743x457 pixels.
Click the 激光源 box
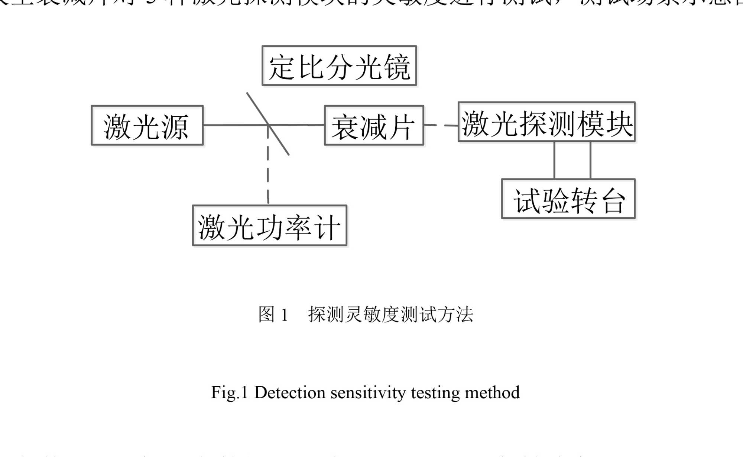click(x=147, y=126)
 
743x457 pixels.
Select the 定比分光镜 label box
click(x=339, y=66)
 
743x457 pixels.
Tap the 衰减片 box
click(x=374, y=126)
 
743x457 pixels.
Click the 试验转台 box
click(x=568, y=199)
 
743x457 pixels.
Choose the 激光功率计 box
click(x=270, y=226)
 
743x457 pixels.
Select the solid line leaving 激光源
click(x=230, y=125)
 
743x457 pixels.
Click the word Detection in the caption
click(x=289, y=393)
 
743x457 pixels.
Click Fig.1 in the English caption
click(x=229, y=393)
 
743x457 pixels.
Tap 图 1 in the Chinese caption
click(x=273, y=315)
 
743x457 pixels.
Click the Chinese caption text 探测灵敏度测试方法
click(x=391, y=315)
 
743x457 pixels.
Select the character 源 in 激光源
click(x=175, y=127)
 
